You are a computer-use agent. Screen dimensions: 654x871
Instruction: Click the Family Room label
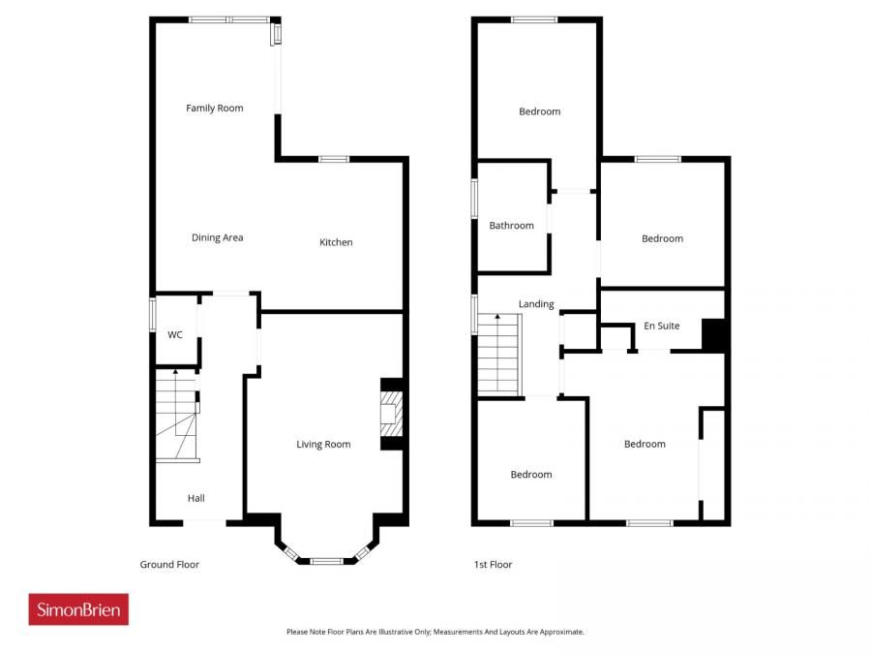click(x=214, y=109)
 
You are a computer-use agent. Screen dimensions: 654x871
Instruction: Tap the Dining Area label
click(x=217, y=237)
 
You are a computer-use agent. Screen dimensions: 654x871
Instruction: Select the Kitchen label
click(x=336, y=242)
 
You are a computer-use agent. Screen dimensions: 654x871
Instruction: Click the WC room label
click(x=175, y=335)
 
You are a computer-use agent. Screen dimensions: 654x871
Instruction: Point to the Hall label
click(x=196, y=498)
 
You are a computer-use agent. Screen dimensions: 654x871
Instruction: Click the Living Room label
click(x=323, y=445)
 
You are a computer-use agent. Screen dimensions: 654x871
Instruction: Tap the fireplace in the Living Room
click(x=390, y=414)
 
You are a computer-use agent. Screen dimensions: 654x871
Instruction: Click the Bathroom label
click(x=511, y=226)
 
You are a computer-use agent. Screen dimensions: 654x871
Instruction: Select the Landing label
click(x=536, y=304)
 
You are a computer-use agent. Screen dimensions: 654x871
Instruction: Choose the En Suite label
click(x=662, y=327)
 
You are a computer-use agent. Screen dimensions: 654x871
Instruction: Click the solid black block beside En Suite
click(x=713, y=335)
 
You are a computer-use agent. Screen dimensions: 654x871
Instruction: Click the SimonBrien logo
click(x=78, y=609)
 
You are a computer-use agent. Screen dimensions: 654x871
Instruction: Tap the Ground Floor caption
click(x=169, y=565)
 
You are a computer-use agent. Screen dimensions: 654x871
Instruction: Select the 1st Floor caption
click(x=494, y=565)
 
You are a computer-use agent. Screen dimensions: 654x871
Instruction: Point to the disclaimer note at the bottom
click(x=435, y=632)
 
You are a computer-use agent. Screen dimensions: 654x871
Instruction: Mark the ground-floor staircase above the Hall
click(x=176, y=417)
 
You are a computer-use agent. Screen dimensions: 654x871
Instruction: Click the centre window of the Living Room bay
click(x=326, y=560)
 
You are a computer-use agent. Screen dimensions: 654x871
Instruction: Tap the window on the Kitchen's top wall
click(x=334, y=159)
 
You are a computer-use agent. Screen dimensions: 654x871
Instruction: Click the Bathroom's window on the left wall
click(x=474, y=200)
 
